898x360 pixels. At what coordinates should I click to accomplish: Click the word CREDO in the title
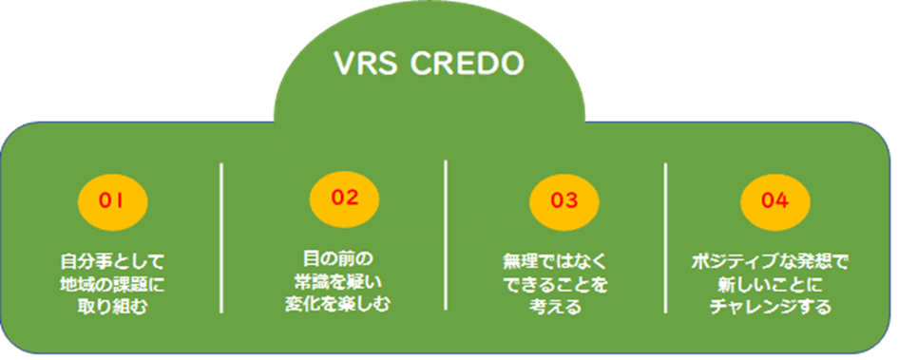468,64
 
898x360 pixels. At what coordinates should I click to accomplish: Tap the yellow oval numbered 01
112,201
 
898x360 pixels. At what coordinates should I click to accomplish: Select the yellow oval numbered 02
345,198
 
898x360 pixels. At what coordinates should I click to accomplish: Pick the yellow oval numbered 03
564,201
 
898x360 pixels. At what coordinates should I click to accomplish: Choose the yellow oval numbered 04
775,201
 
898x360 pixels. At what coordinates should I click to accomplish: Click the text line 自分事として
112,263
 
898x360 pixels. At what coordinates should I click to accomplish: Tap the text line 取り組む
112,307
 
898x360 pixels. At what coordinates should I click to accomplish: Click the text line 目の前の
338,259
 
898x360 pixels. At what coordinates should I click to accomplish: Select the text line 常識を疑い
338,281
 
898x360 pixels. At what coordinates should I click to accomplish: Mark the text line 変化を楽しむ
338,304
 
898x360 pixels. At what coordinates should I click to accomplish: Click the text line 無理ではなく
554,263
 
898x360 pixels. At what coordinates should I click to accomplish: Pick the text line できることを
554,284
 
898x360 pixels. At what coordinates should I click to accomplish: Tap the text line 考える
554,307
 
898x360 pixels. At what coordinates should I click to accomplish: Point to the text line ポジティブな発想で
770,263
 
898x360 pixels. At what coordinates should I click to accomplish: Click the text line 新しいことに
770,284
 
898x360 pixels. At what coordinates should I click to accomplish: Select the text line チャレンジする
770,307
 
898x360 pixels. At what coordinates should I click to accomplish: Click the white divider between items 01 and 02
221,238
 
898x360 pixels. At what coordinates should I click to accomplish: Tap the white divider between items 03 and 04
665,238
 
